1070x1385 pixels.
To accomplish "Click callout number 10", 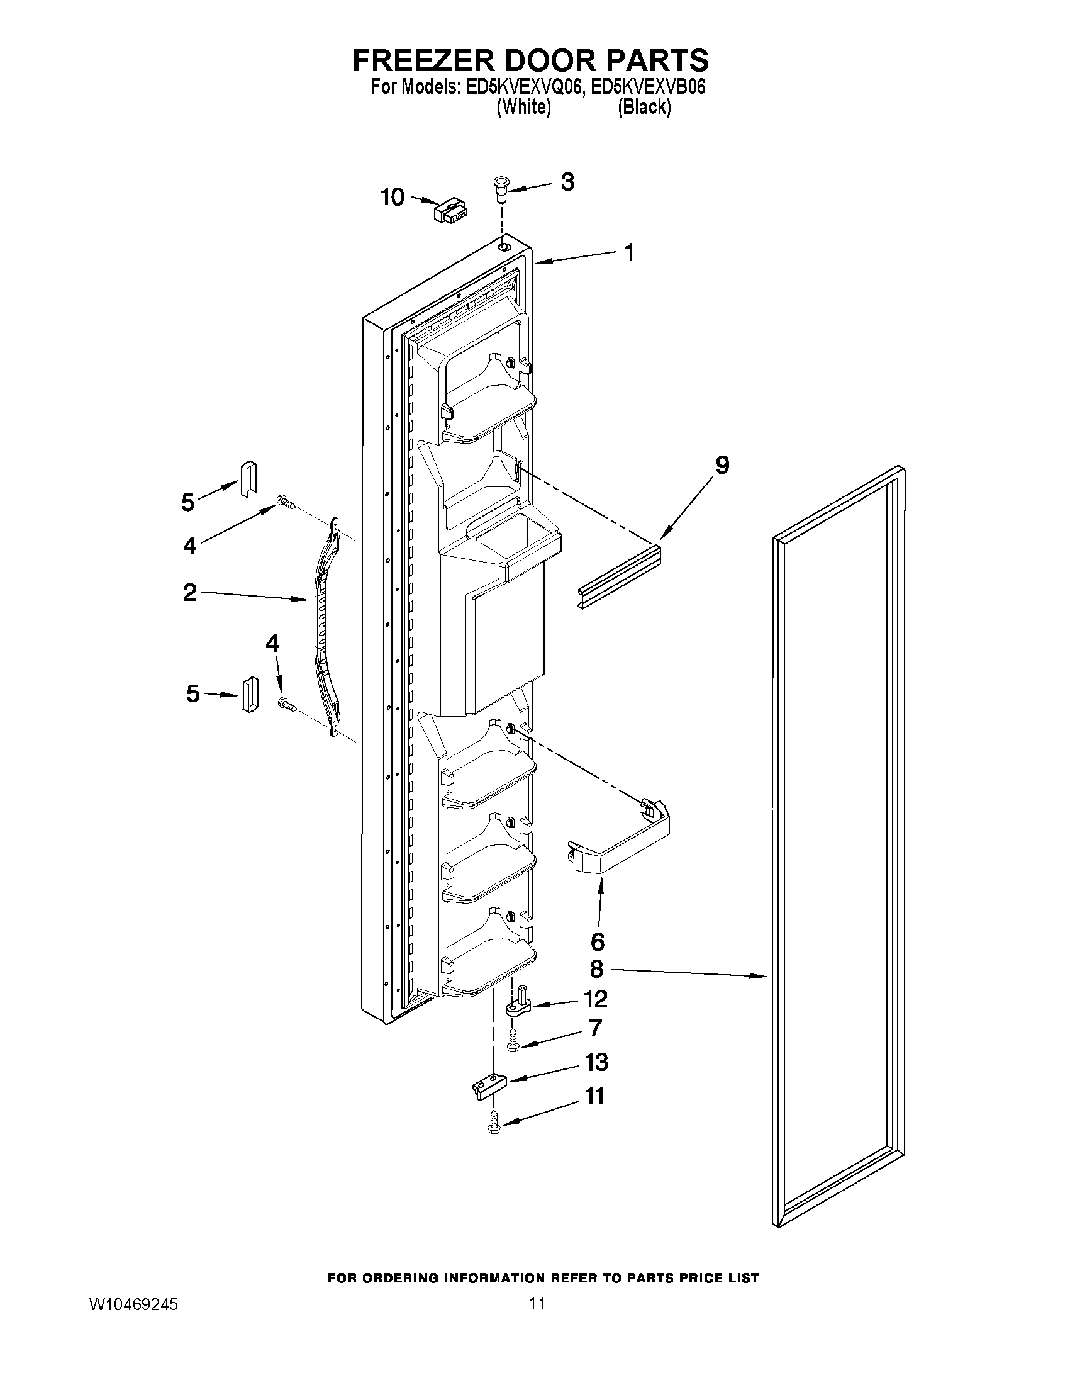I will point(393,197).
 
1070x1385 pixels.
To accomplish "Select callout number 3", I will point(567,182).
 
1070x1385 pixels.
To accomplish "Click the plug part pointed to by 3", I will point(501,188).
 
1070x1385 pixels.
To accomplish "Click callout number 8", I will point(596,969).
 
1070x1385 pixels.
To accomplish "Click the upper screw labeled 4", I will point(286,504).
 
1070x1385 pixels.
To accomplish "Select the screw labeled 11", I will point(494,1124).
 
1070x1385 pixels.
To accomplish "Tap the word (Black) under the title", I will point(644,108).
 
